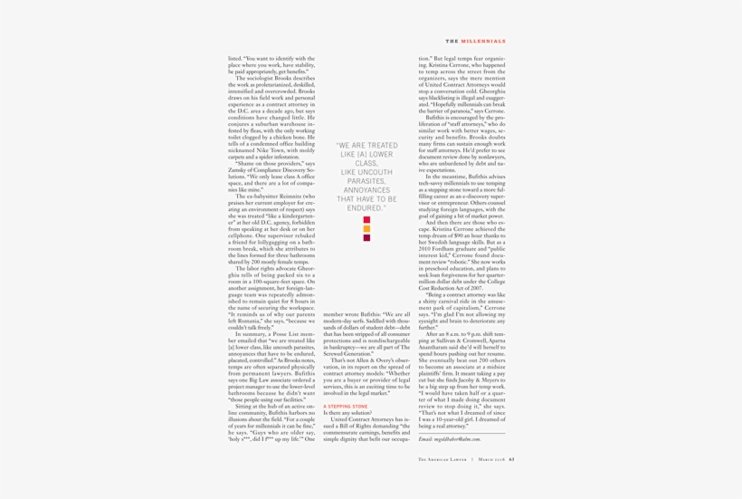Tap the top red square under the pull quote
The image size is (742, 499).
click(x=366, y=220)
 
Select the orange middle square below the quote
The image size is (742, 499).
click(x=366, y=229)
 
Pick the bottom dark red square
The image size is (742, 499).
click(x=366, y=238)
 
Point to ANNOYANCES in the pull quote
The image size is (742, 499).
click(x=366, y=190)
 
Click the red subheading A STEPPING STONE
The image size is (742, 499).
click(x=346, y=408)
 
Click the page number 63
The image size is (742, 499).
click(x=511, y=459)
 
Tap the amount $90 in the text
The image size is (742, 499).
click(x=470, y=235)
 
